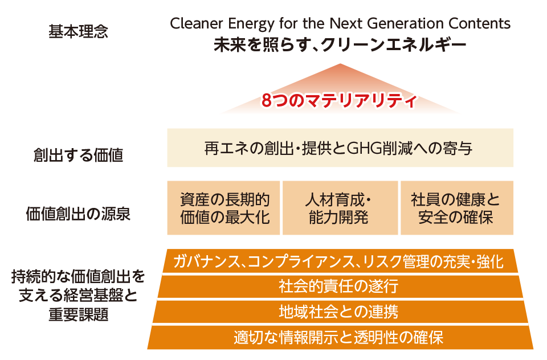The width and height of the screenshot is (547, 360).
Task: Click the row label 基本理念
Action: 79,31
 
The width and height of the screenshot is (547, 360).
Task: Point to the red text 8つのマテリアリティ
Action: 339,101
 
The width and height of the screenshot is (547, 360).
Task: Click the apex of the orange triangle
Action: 340,64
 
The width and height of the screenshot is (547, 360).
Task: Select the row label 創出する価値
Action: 79,155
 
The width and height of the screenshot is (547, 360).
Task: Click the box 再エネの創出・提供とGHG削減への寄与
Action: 340,148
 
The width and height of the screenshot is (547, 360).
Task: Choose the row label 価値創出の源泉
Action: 79,214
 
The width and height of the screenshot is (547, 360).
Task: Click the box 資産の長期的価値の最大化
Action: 223,208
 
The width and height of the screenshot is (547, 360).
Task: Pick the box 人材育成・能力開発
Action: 340,208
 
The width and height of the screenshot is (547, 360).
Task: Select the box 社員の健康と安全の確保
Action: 457,208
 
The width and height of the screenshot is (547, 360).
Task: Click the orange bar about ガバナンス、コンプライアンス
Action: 340,261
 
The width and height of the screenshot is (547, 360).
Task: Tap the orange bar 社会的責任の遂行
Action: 340,287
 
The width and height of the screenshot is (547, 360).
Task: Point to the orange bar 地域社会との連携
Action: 340,312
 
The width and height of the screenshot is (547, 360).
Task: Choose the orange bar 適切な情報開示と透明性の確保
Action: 340,337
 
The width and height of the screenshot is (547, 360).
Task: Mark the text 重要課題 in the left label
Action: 79,314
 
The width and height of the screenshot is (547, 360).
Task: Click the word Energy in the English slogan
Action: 251,24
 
